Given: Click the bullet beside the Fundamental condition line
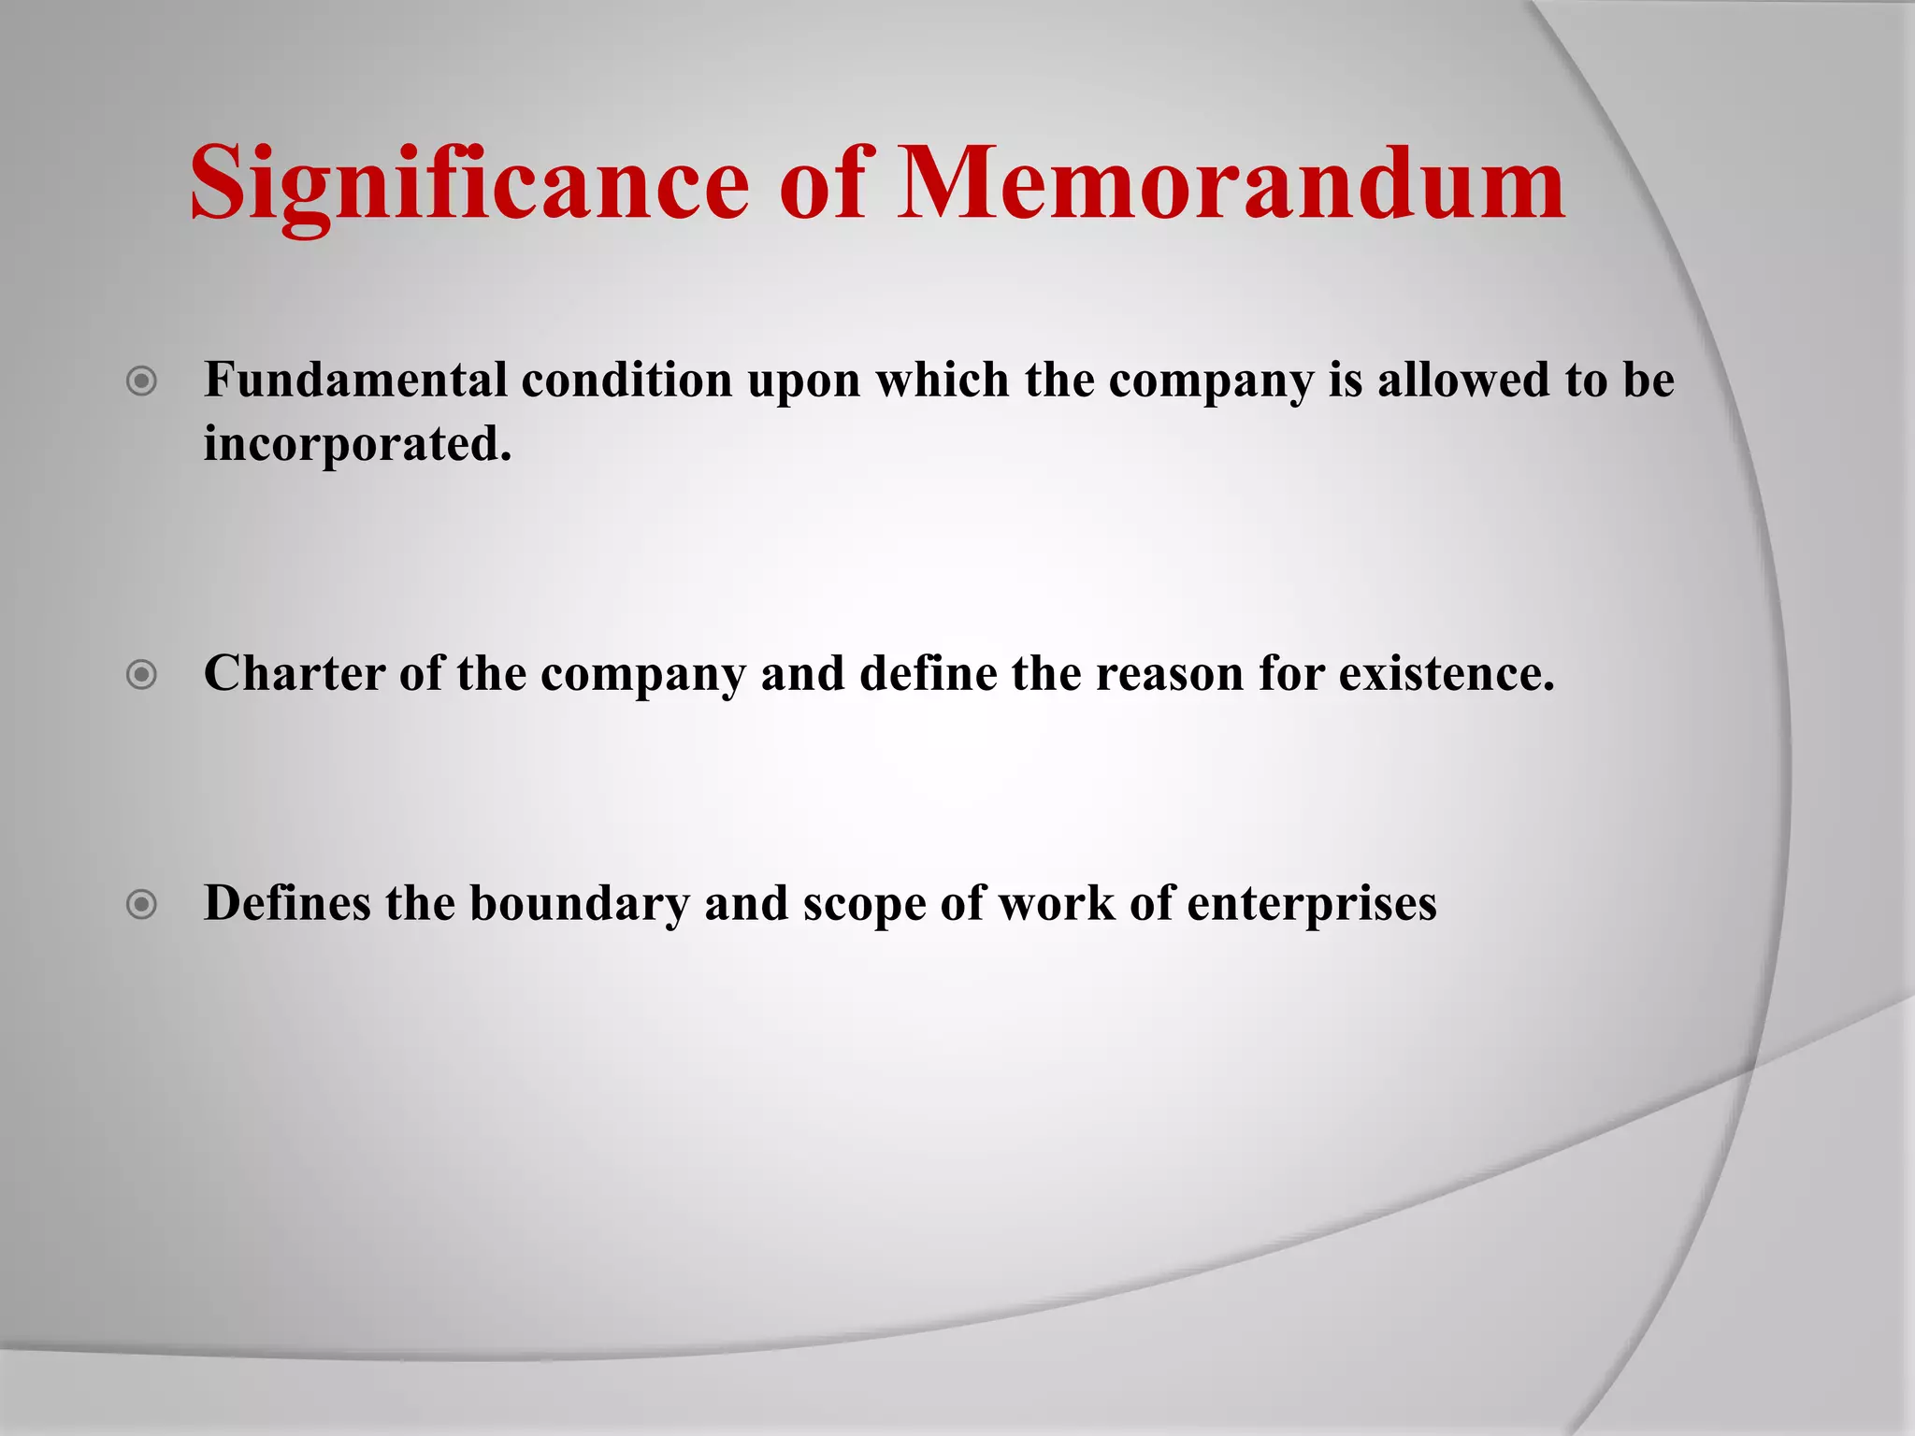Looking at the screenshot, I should pos(141,381).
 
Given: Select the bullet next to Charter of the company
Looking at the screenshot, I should pos(141,674).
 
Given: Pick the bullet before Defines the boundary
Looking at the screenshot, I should pos(141,904).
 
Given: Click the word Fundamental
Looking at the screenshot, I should pos(355,380).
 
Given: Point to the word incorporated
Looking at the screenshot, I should pos(357,443).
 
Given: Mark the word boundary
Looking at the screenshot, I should pos(579,904).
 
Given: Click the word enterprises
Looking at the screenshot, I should pos(1312,904).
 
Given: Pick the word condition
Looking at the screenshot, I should pos(626,380).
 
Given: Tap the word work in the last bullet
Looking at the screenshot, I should pos(1057,903).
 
